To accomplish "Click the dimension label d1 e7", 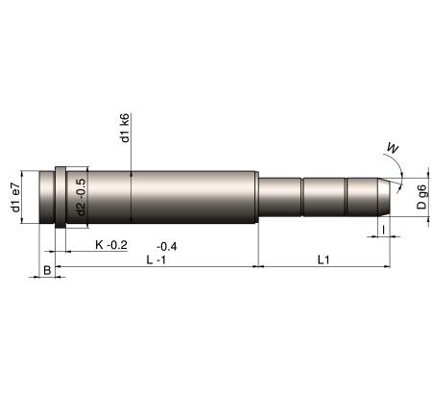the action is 15,198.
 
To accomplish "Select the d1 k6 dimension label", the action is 125,128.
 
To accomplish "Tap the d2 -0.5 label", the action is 82,197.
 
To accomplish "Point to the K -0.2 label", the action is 111,245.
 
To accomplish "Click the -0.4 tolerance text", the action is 167,246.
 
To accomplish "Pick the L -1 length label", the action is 156,259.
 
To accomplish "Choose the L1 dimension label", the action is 324,259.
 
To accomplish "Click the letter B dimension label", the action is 47,270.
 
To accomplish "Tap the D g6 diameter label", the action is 421,197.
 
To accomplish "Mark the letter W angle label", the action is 393,148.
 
